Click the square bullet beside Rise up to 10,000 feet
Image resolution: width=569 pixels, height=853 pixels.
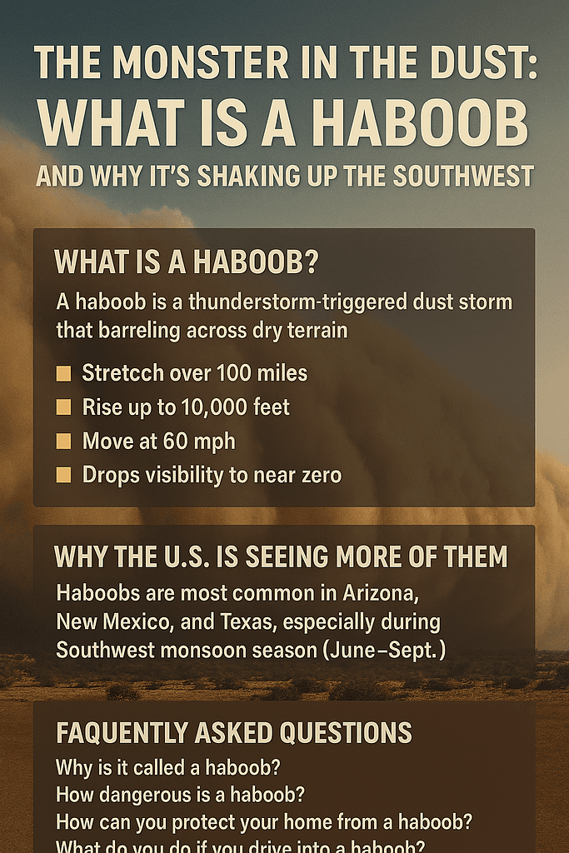pyautogui.click(x=63, y=407)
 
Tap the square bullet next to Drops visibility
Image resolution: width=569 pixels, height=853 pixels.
pyautogui.click(x=63, y=476)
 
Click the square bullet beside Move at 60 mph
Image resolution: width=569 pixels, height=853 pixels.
pyautogui.click(x=63, y=441)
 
